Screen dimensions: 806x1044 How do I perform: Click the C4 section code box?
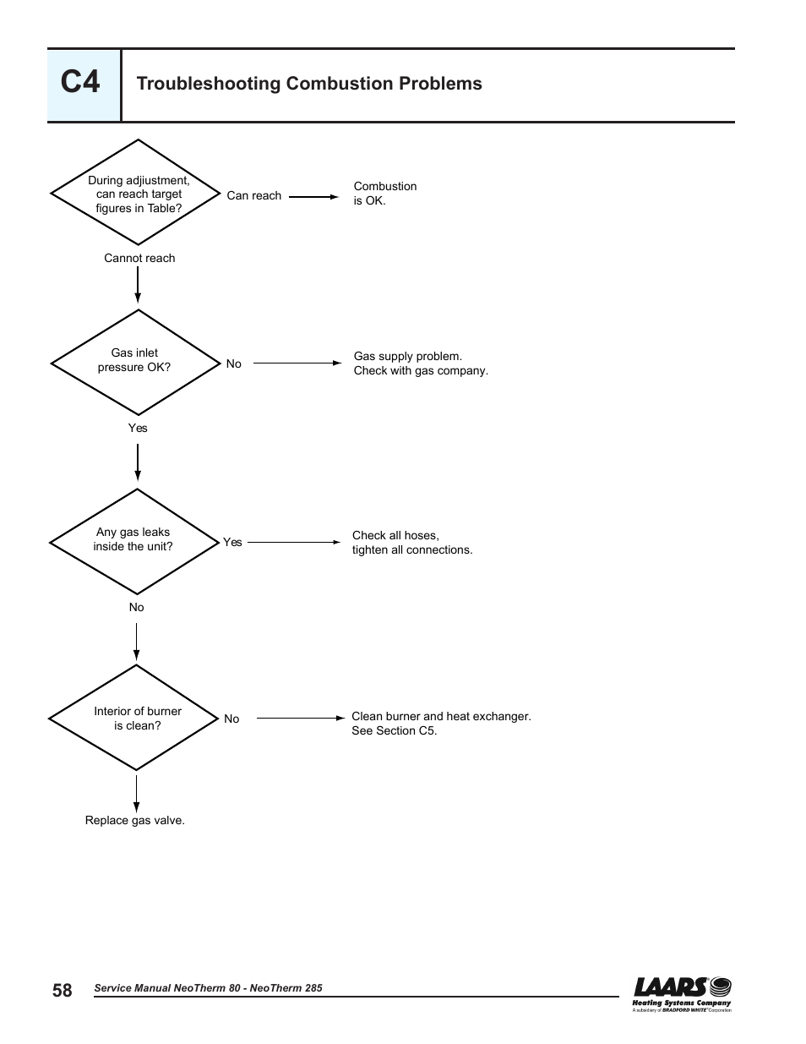[84, 85]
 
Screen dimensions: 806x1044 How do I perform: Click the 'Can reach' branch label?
[254, 195]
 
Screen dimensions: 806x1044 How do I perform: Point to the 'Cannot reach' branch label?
[139, 258]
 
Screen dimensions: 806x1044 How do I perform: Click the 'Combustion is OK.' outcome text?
[385, 193]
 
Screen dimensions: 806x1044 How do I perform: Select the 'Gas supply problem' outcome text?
[421, 363]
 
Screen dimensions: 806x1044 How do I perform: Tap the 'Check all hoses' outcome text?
[412, 543]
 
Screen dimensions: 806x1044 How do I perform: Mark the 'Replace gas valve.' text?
[135, 820]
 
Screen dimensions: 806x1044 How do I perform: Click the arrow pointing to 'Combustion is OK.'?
[314, 196]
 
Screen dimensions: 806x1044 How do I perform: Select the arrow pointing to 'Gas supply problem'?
[297, 363]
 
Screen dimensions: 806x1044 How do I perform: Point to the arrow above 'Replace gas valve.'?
[136, 794]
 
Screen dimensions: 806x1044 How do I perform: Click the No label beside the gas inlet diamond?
[234, 363]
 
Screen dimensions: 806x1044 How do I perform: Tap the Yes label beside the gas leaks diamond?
[232, 542]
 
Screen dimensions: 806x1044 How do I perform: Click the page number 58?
[62, 990]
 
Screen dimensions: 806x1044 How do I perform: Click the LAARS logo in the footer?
[682, 994]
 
